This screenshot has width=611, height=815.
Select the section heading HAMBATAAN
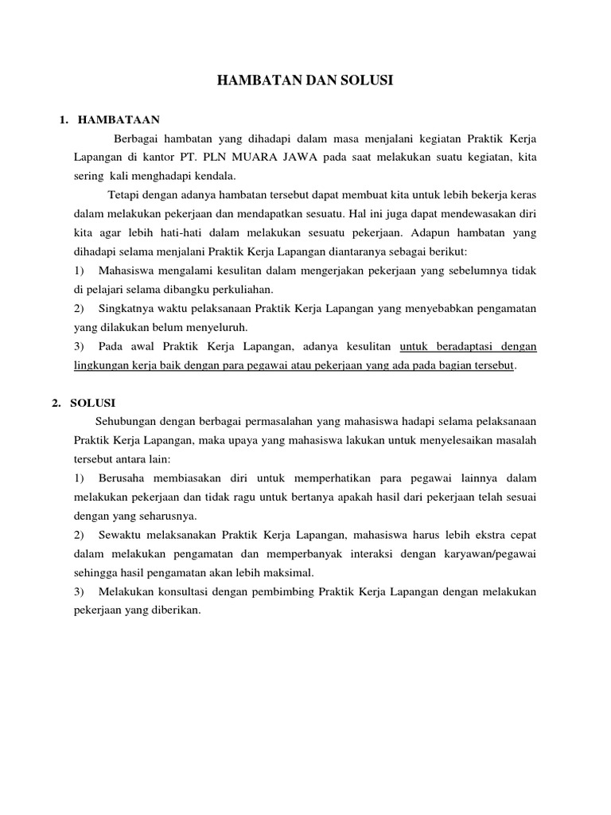pos(119,120)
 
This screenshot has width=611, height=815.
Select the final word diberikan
pos(176,611)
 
